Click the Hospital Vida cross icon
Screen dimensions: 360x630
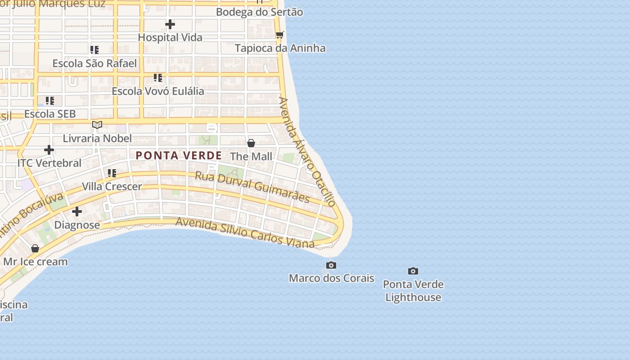click(170, 24)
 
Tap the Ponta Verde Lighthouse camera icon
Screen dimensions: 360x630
click(413, 271)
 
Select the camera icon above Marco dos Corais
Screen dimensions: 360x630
click(331, 265)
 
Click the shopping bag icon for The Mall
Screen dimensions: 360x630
click(251, 143)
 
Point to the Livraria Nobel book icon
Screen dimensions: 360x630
click(97, 125)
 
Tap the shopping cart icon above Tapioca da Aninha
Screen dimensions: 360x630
click(280, 35)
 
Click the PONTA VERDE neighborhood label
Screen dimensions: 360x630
click(179, 156)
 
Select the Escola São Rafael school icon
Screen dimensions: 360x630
click(94, 50)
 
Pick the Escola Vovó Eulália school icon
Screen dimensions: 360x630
click(158, 78)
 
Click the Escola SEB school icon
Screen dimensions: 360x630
click(50, 101)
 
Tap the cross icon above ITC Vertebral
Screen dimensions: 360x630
click(49, 150)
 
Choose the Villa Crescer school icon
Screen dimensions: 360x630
click(112, 173)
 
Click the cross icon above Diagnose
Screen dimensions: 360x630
click(77, 211)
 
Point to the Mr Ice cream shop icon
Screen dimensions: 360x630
click(35, 248)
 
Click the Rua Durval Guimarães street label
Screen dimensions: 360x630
click(252, 186)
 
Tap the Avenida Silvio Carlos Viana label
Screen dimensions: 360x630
click(245, 233)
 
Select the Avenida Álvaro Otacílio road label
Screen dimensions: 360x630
click(307, 152)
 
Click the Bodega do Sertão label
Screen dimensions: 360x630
click(260, 12)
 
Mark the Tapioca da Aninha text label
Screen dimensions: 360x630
click(280, 48)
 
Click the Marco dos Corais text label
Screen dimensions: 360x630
click(331, 278)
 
